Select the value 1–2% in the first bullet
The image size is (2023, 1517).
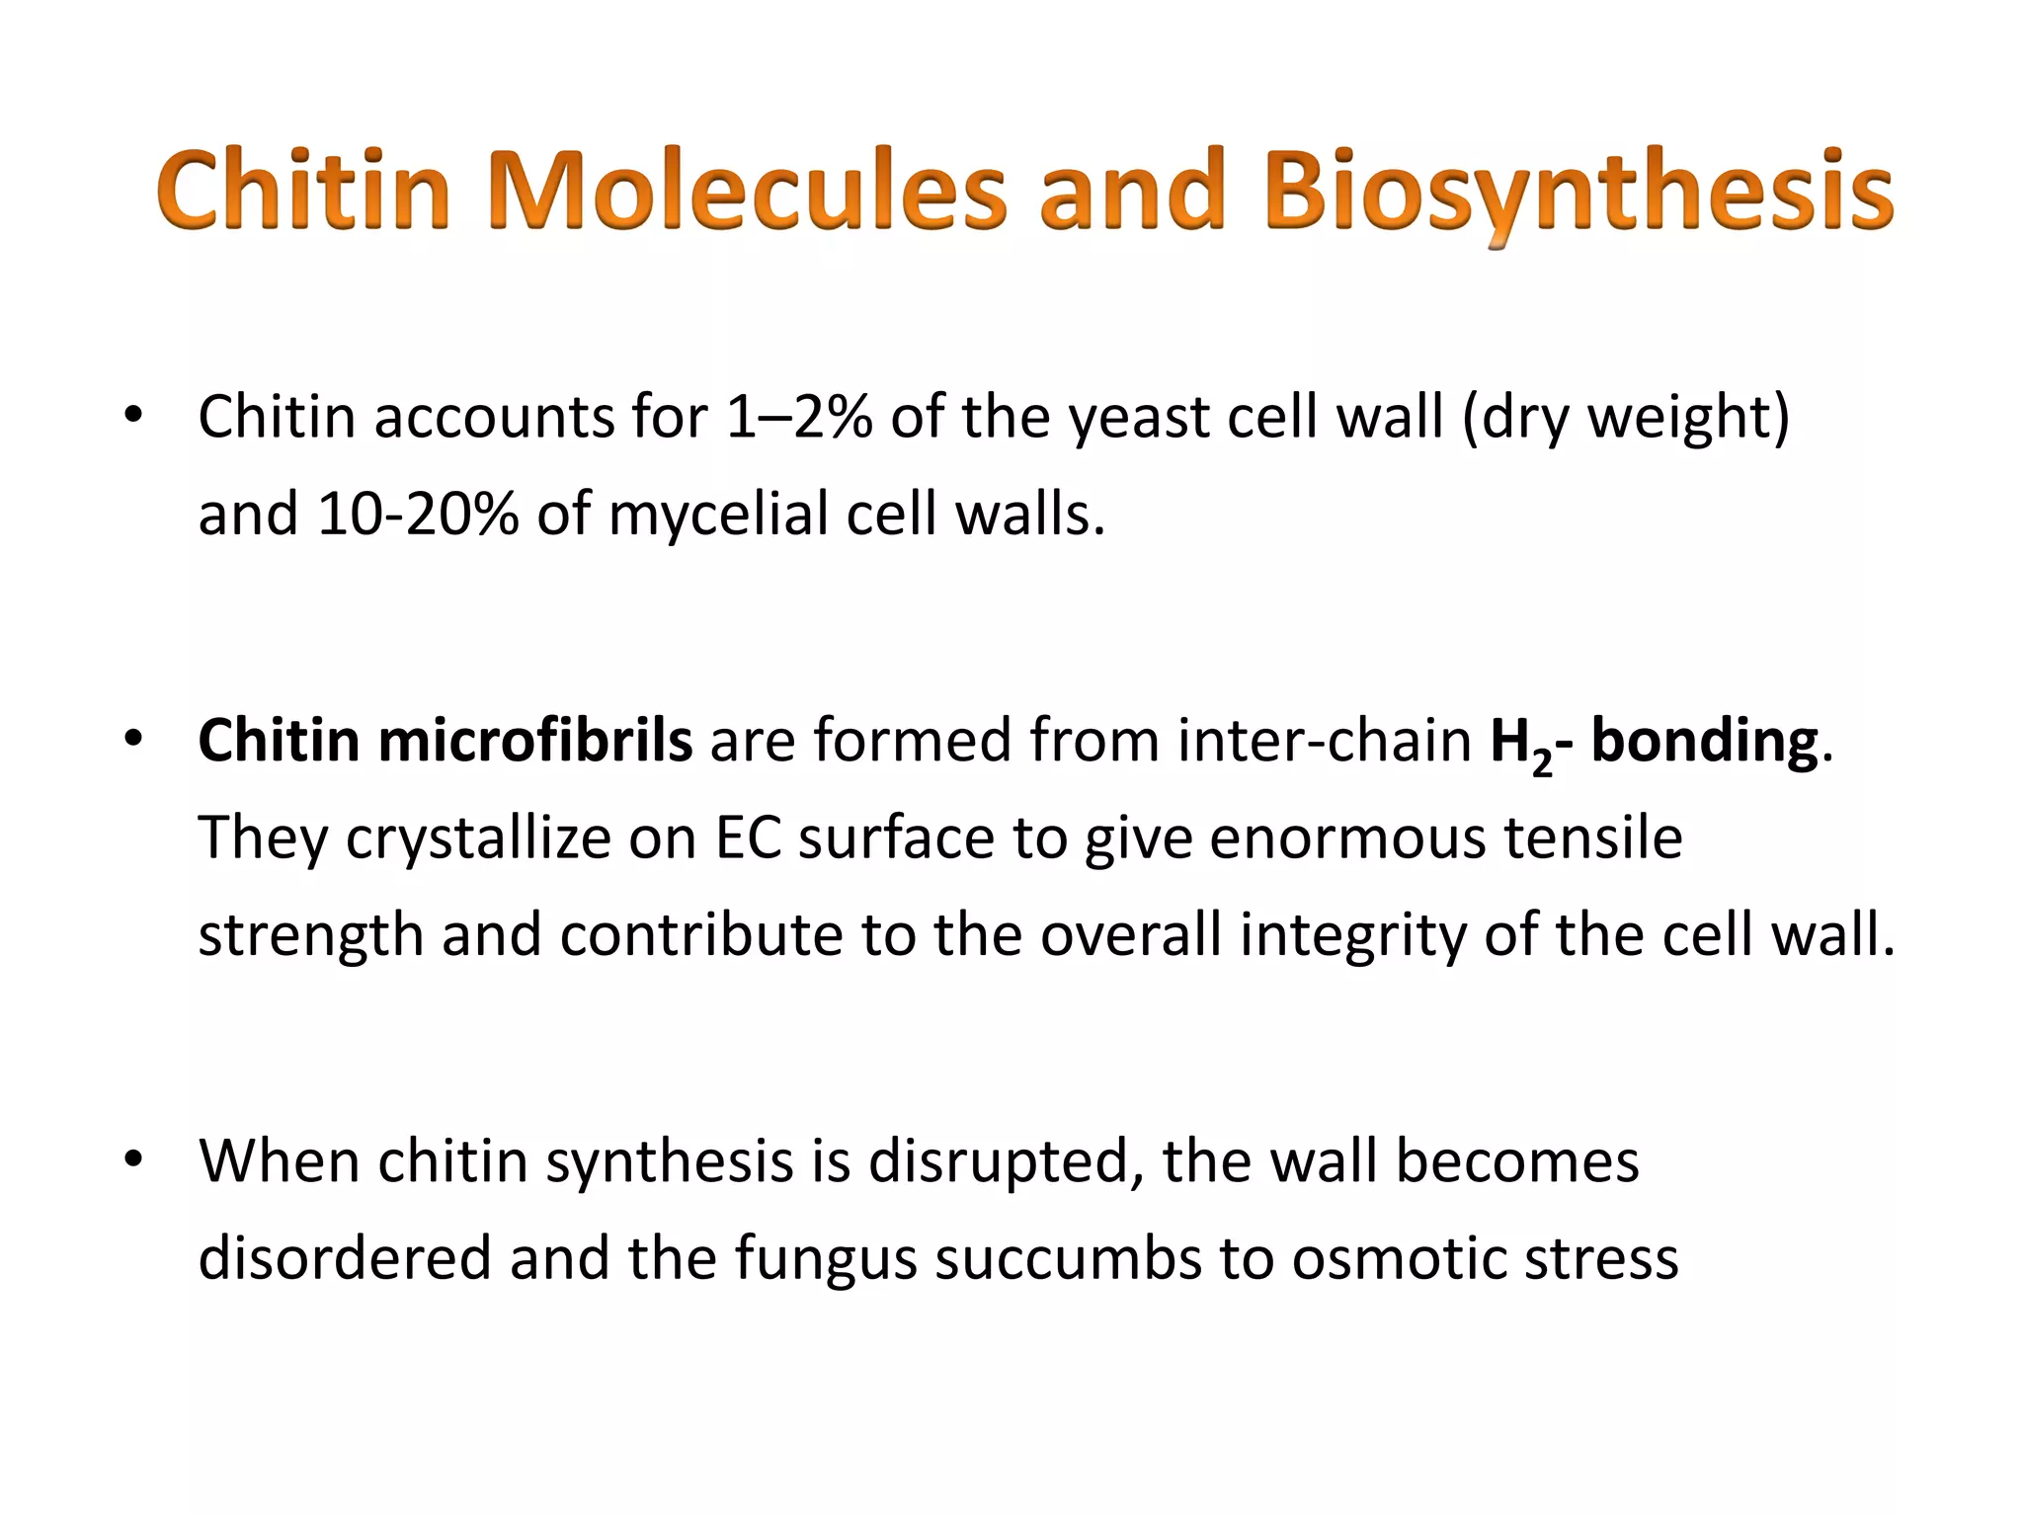coord(798,417)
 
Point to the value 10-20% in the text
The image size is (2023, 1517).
coord(418,515)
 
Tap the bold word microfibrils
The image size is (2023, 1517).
coord(534,741)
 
